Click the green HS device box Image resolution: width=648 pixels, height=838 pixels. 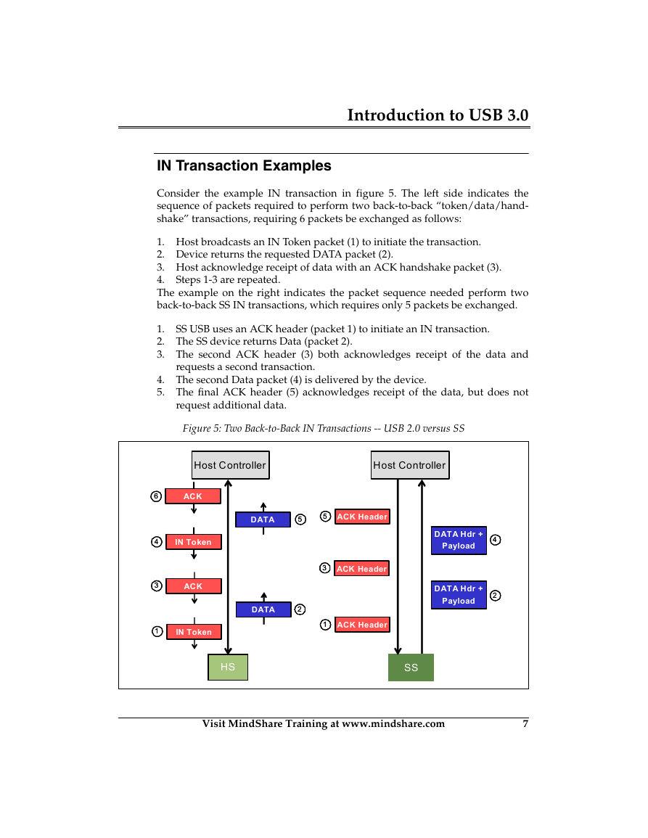pos(228,667)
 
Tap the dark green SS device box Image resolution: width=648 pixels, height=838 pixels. pos(411,667)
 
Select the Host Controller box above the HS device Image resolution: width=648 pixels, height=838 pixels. pos(231,465)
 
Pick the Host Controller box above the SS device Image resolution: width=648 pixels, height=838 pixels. pos(410,465)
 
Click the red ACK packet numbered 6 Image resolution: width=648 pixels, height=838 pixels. pos(193,496)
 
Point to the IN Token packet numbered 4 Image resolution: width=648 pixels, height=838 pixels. pos(194,542)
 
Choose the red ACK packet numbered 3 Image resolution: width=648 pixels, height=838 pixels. pos(194,586)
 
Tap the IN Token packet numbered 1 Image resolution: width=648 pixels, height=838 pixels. pos(194,632)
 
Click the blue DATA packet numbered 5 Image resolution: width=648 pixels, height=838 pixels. pos(263,519)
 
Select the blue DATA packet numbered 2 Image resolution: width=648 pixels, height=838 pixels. pos(263,609)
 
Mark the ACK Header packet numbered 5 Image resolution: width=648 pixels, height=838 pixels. pos(363,517)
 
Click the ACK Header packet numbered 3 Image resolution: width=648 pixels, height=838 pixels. pos(362,569)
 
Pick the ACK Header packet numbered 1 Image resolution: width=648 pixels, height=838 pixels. pos(363,625)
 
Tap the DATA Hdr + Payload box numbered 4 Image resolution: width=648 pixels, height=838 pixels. pos(459,541)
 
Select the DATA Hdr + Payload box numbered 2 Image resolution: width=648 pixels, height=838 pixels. pos(459,595)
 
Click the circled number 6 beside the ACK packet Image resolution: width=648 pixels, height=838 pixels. pos(156,496)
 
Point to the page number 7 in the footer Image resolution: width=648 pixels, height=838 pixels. pos(525,723)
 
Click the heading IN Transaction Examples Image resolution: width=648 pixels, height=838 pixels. pos(244,165)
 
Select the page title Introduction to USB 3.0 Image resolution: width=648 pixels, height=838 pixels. pos(438,115)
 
